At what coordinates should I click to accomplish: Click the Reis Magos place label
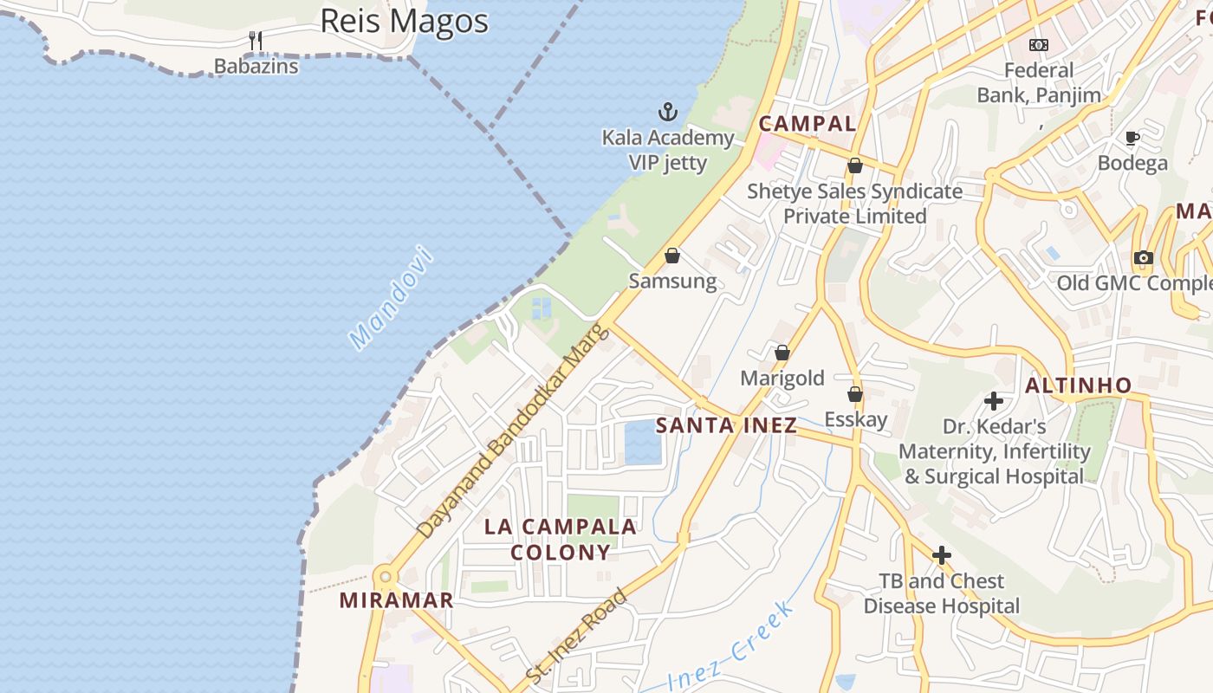pyautogui.click(x=404, y=21)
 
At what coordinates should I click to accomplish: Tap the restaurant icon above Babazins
pyautogui.click(x=256, y=41)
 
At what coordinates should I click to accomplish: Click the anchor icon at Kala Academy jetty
pyautogui.click(x=667, y=112)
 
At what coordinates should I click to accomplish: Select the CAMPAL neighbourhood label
pyautogui.click(x=808, y=124)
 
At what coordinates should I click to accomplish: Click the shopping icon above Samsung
pyautogui.click(x=672, y=256)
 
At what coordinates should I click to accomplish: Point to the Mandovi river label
pyautogui.click(x=390, y=297)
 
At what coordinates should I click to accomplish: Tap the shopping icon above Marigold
pyautogui.click(x=782, y=353)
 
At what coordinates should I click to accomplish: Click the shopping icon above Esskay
pyautogui.click(x=855, y=394)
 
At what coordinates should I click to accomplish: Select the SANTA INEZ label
pyautogui.click(x=726, y=425)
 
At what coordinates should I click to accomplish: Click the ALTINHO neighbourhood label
pyautogui.click(x=1079, y=385)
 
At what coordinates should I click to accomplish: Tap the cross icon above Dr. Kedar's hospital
pyautogui.click(x=994, y=401)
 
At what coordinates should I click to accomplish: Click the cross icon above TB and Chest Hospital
pyautogui.click(x=942, y=555)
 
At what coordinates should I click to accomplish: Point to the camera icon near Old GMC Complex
pyautogui.click(x=1144, y=257)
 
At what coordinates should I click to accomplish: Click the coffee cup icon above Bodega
pyautogui.click(x=1132, y=138)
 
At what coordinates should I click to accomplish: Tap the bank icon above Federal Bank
pyautogui.click(x=1039, y=44)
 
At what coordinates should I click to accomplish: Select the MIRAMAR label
pyautogui.click(x=396, y=600)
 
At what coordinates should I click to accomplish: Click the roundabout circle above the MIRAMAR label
pyautogui.click(x=386, y=576)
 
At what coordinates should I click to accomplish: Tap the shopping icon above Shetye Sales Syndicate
pyautogui.click(x=855, y=165)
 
